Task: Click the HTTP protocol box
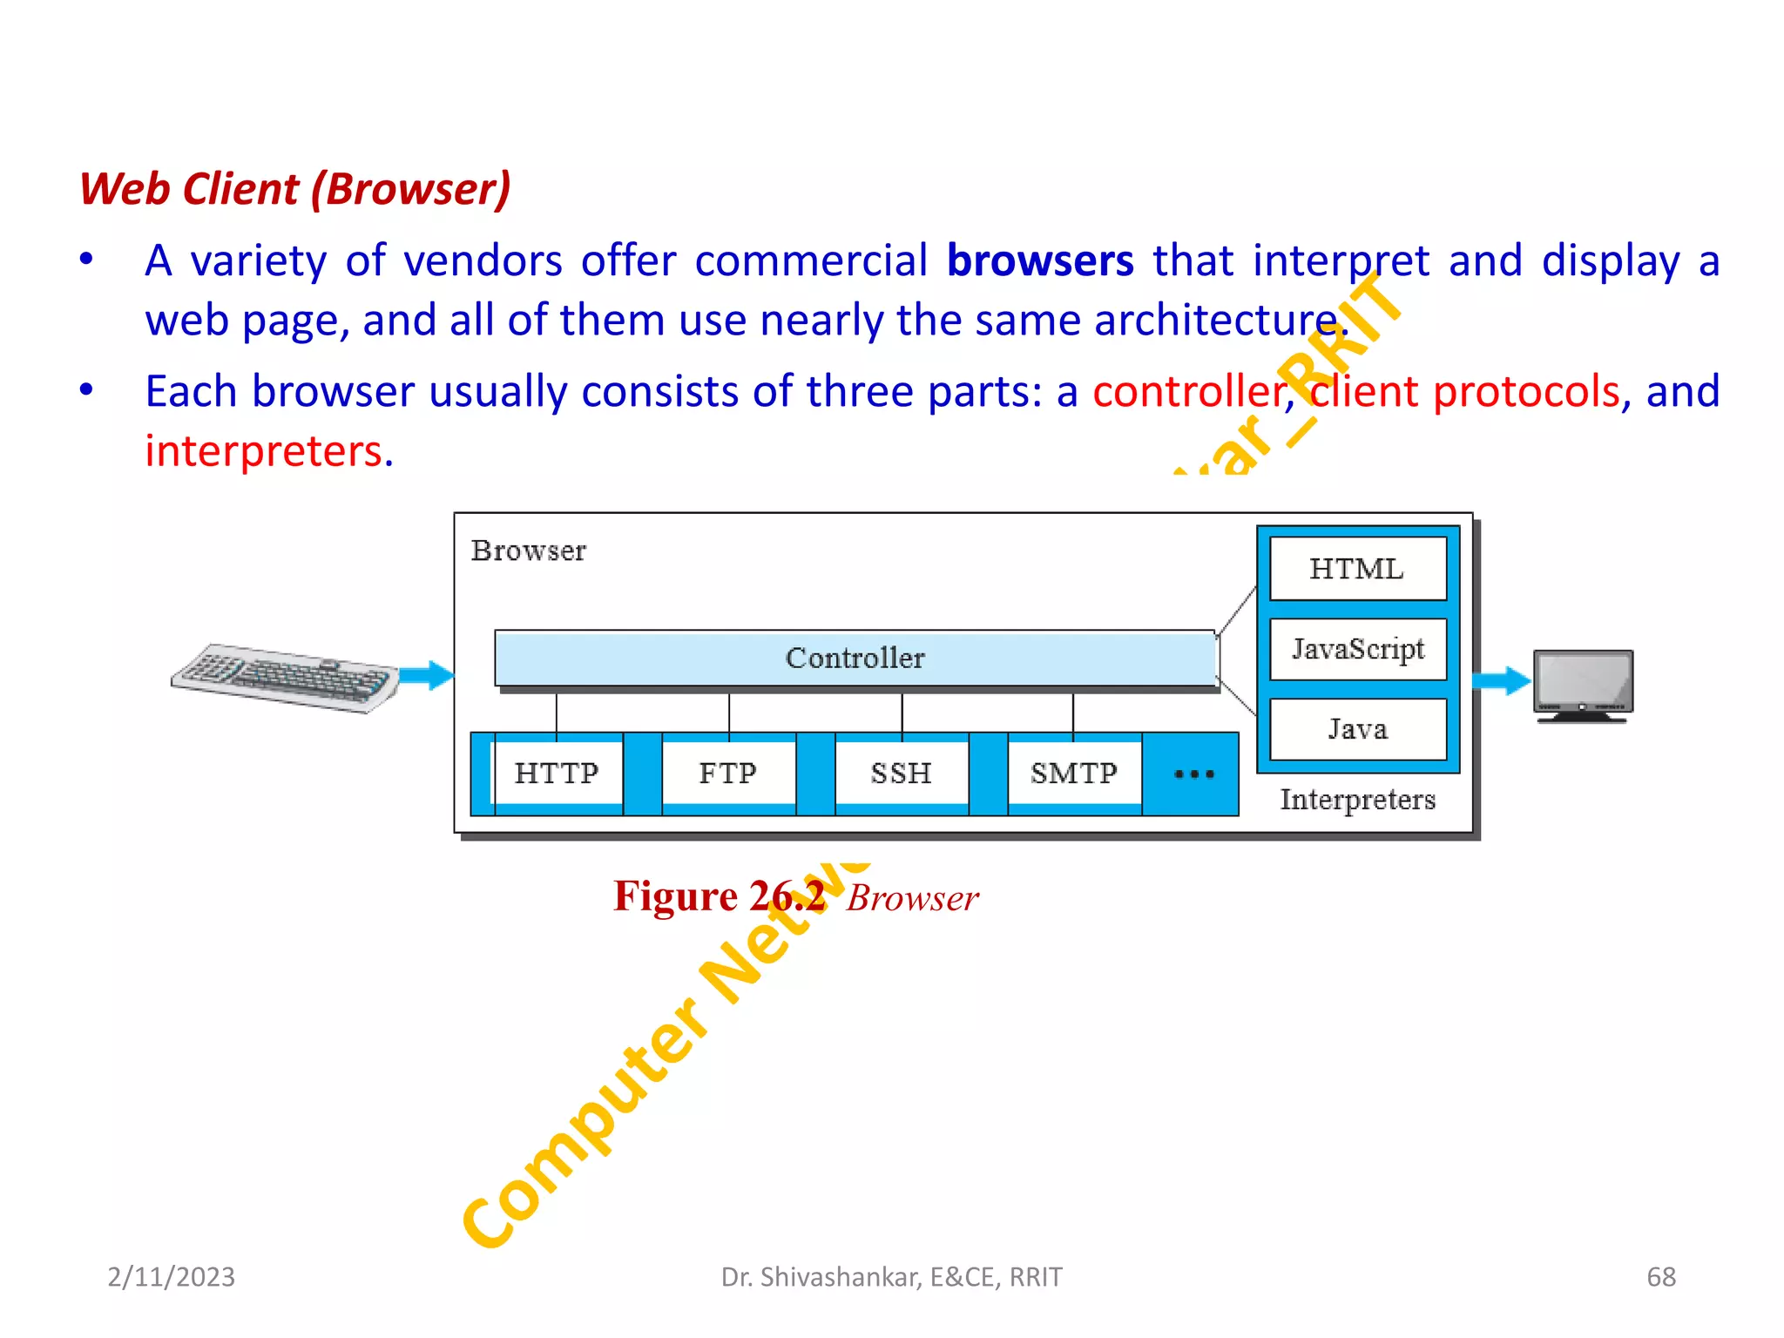[x=557, y=773]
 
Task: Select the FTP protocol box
[x=728, y=773]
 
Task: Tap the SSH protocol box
[x=902, y=773]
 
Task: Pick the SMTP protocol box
[x=1074, y=773]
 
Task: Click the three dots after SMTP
[x=1193, y=774]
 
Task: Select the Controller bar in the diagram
[x=855, y=658]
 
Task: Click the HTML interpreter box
[x=1357, y=569]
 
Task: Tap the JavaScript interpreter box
[x=1357, y=649]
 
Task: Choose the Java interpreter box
[x=1357, y=729]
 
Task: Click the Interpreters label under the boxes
[x=1357, y=799]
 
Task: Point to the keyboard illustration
[x=284, y=678]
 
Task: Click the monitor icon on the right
[x=1583, y=686]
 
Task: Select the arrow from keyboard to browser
[x=427, y=675]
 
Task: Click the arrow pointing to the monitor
[x=1501, y=680]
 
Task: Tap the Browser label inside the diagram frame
[x=528, y=551]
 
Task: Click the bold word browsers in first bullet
[x=1040, y=260]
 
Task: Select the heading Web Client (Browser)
[x=295, y=189]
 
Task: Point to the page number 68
[x=1660, y=1276]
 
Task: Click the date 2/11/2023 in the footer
[x=171, y=1276]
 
